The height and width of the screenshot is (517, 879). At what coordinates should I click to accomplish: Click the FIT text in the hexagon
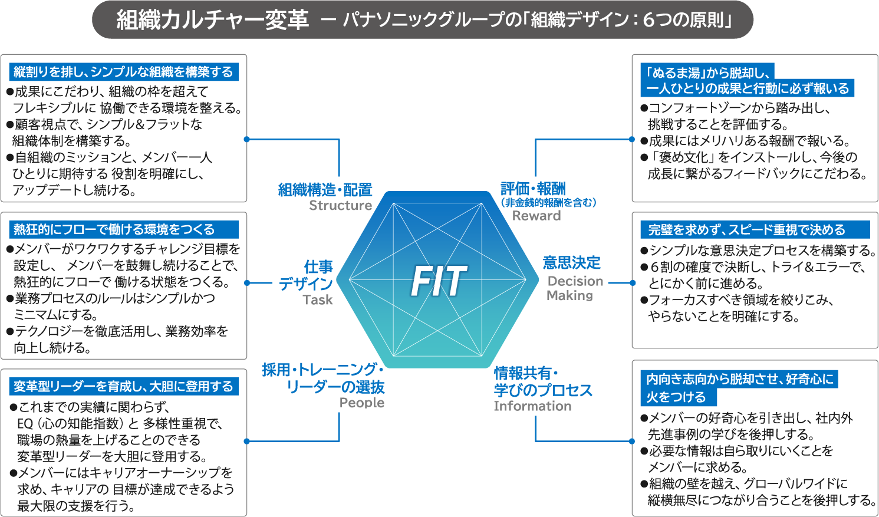click(x=439, y=281)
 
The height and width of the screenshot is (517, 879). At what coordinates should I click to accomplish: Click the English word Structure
click(x=340, y=206)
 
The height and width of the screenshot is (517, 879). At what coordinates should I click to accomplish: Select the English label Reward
click(x=536, y=216)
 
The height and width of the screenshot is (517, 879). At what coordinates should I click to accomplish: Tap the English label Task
click(x=318, y=300)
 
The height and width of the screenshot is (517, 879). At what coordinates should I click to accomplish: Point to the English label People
click(x=361, y=403)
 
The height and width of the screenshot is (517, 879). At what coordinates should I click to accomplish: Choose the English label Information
click(x=532, y=406)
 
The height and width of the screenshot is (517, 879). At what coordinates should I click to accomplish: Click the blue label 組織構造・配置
click(x=325, y=190)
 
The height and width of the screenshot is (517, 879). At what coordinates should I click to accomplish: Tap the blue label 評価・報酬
click(x=533, y=189)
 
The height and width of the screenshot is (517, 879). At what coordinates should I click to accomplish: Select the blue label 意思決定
click(x=571, y=263)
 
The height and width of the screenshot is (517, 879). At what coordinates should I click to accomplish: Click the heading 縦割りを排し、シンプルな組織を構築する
click(x=124, y=72)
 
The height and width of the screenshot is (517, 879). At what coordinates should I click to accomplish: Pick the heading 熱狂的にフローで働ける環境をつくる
click(x=114, y=229)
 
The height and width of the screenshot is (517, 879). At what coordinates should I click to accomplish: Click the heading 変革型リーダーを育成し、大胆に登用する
click(x=124, y=387)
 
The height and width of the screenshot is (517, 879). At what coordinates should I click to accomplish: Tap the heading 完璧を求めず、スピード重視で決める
click(x=746, y=230)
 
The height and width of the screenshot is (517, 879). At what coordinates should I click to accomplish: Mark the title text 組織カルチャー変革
click(x=212, y=21)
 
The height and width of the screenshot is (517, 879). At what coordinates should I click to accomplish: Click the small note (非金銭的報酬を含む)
click(x=548, y=203)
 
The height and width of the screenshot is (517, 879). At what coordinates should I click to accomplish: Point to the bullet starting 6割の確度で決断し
click(x=756, y=267)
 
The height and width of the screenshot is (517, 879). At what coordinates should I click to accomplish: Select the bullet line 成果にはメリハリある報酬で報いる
click(x=749, y=141)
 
